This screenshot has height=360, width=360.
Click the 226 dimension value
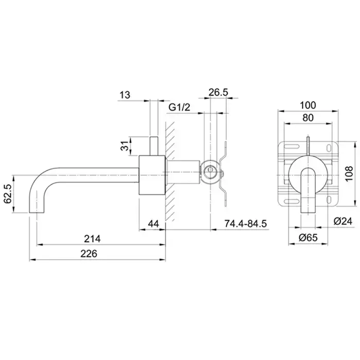[88, 254]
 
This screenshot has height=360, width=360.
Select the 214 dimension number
[92, 239]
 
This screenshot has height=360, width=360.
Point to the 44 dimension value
[153, 223]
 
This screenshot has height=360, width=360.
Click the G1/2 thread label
[179, 107]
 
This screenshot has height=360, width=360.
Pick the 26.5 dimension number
[218, 92]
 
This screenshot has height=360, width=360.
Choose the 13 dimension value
[125, 95]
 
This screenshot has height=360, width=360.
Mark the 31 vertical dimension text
[124, 146]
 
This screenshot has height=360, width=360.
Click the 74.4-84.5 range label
[245, 223]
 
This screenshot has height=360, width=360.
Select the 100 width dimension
[308, 105]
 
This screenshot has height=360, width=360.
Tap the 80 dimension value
[308, 118]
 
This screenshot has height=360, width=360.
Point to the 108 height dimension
[349, 174]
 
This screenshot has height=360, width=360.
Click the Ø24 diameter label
[343, 221]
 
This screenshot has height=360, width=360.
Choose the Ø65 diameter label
[308, 238]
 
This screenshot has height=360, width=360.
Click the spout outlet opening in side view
[37, 213]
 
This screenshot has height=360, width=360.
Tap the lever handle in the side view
[154, 146]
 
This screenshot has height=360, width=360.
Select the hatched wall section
[170, 171]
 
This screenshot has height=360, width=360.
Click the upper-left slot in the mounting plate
[292, 147]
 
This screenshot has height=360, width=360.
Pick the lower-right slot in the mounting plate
[329, 200]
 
